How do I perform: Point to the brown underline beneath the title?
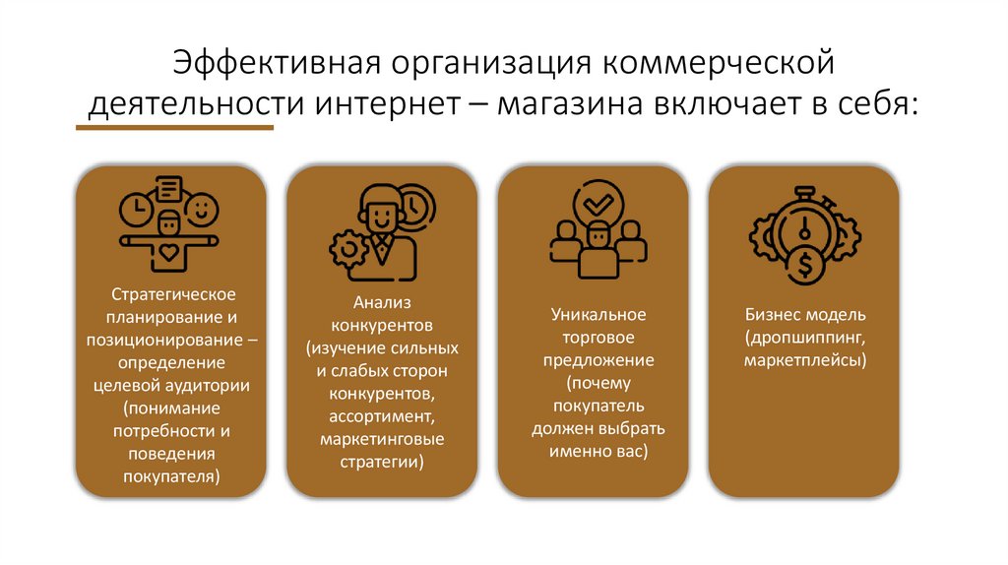tap(175, 127)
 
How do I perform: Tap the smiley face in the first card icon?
tap(202, 209)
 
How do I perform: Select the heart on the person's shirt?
tap(168, 253)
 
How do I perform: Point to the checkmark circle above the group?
tap(598, 203)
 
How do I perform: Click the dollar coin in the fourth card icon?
tap(805, 264)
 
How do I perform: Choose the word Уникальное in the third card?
tap(598, 315)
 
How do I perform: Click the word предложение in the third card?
tap(598, 360)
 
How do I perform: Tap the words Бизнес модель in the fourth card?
tap(805, 315)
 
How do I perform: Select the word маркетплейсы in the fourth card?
tap(805, 360)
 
